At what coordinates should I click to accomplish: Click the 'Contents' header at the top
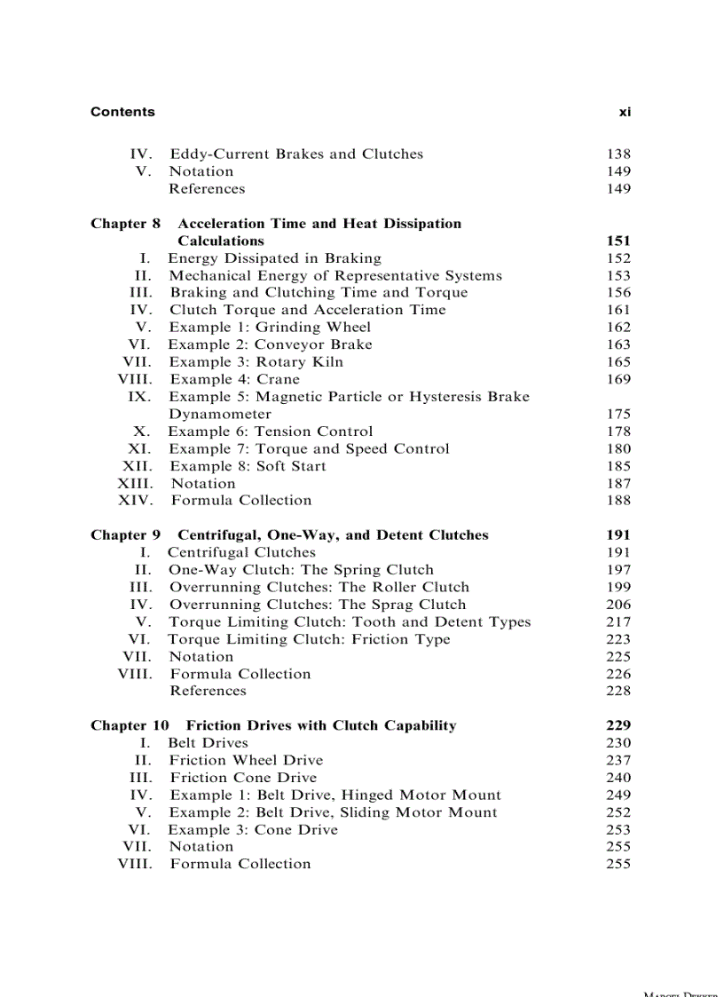tap(122, 112)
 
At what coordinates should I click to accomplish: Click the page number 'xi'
tap(625, 112)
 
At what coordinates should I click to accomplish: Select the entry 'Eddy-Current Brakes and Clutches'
tap(296, 154)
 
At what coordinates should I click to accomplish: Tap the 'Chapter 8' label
tap(125, 224)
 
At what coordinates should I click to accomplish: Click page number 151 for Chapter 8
tap(618, 241)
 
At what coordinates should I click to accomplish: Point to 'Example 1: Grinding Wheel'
tap(270, 327)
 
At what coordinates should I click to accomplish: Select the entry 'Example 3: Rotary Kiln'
tap(256, 361)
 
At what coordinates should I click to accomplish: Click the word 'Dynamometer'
tap(220, 414)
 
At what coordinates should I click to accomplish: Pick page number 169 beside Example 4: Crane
tap(618, 379)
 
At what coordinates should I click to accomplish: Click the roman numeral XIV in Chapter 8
tap(135, 501)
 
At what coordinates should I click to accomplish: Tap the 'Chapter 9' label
tap(125, 535)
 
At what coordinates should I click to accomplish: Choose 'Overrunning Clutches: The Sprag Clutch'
tap(317, 605)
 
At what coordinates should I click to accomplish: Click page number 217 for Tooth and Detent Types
tap(618, 621)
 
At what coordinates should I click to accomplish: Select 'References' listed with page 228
tap(208, 691)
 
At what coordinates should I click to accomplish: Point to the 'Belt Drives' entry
tap(208, 743)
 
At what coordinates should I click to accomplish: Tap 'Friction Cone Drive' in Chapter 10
tap(242, 778)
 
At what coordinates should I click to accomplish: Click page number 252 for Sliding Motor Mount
tap(618, 812)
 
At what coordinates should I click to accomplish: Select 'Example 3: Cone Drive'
tap(253, 830)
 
